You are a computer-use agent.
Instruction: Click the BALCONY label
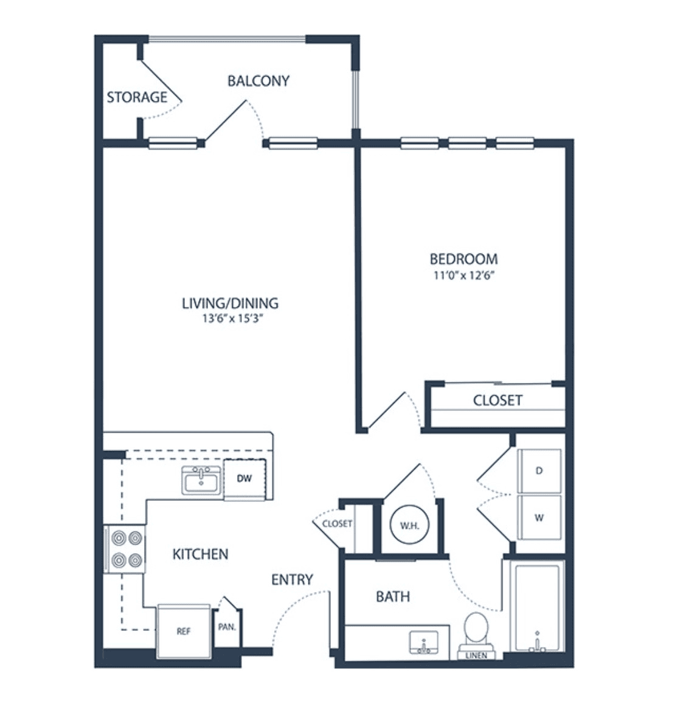(x=258, y=81)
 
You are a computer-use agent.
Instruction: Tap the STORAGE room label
(x=137, y=97)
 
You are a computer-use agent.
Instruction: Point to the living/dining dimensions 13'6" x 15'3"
(x=232, y=318)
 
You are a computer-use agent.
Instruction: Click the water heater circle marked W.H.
(x=409, y=525)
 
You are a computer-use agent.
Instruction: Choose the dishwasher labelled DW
(x=245, y=478)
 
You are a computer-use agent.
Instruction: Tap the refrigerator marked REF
(x=184, y=631)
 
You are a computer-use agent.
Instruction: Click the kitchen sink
(x=201, y=480)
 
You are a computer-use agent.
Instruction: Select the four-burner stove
(x=125, y=549)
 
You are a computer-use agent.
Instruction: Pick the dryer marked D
(x=539, y=471)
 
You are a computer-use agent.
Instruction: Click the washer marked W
(x=539, y=518)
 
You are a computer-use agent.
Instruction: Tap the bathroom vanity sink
(x=423, y=643)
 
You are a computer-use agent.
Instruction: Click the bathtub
(x=537, y=608)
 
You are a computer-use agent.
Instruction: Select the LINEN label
(x=476, y=655)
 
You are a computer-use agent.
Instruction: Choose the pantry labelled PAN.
(x=227, y=627)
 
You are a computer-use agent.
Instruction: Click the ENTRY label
(x=292, y=579)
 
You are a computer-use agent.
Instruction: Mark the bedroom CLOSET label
(x=497, y=400)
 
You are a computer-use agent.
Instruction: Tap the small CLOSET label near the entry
(x=337, y=523)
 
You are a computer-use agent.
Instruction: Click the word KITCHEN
(x=200, y=554)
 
